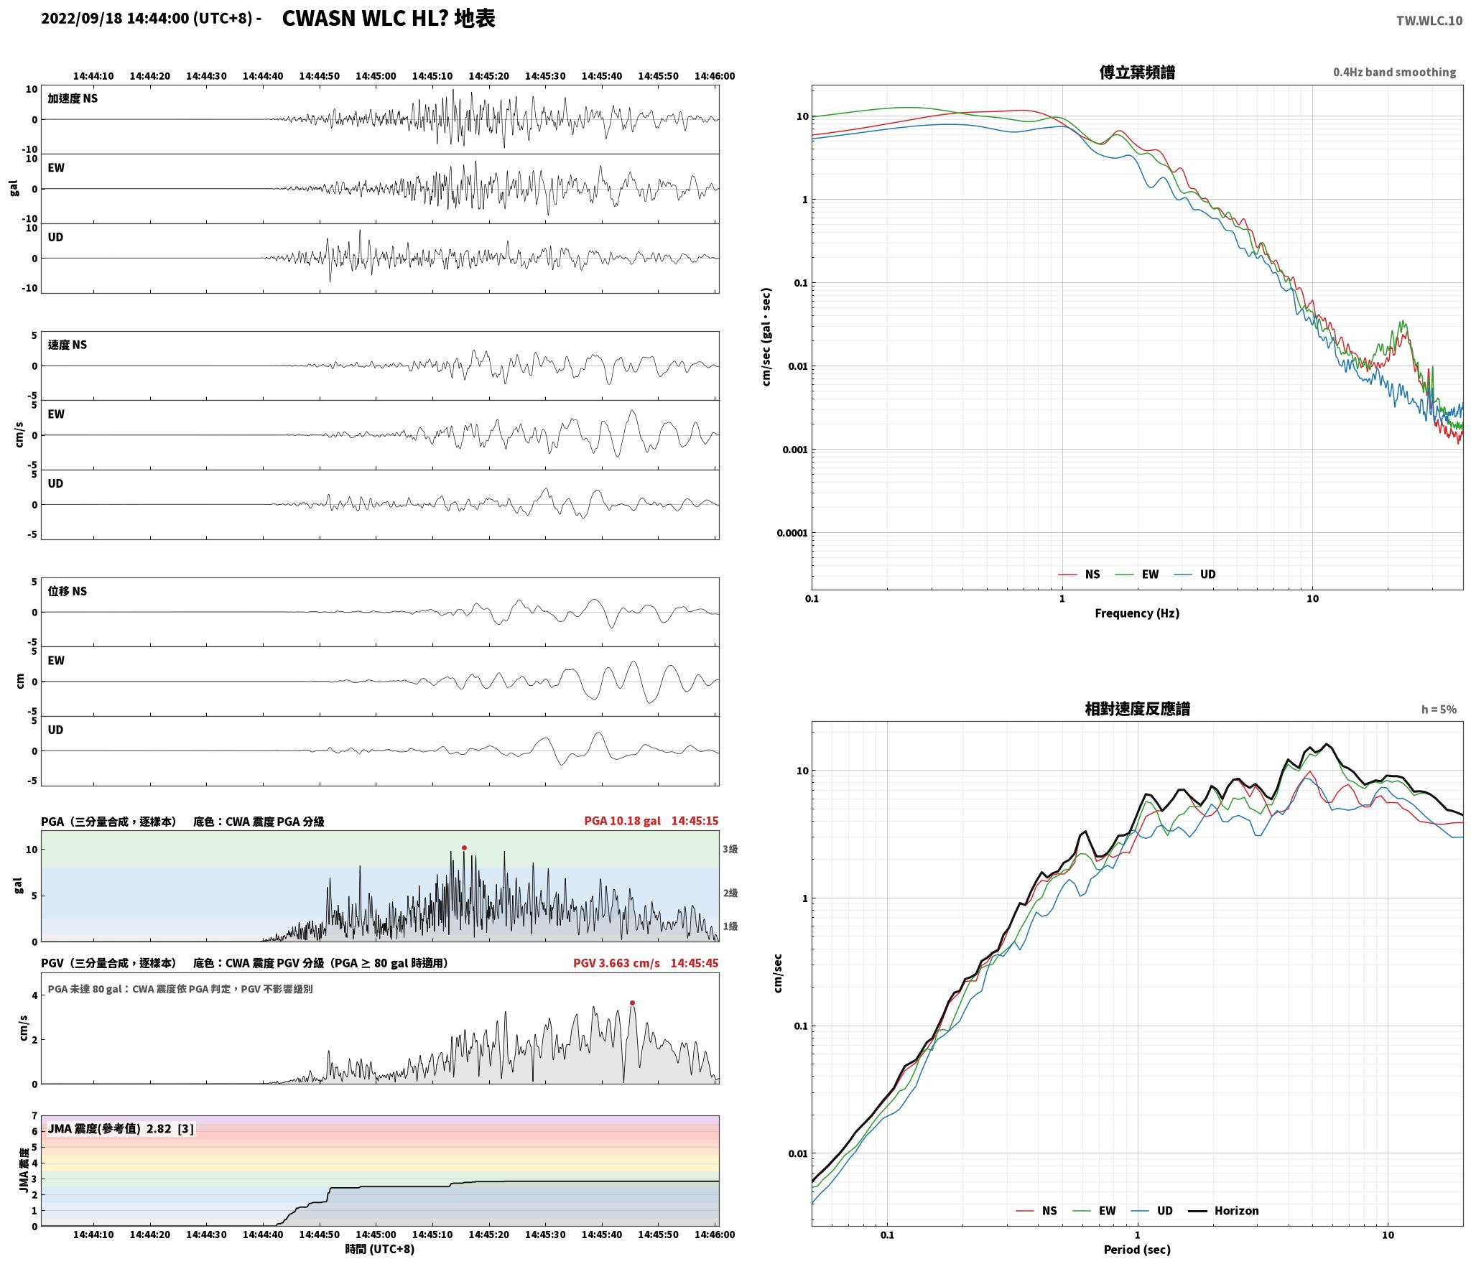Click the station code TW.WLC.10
pyautogui.click(x=1429, y=21)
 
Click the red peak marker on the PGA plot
pyautogui.click(x=464, y=848)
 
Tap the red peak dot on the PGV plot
pyautogui.click(x=632, y=1003)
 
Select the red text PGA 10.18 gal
pyautogui.click(x=622, y=821)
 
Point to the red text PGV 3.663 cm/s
pyautogui.click(x=616, y=963)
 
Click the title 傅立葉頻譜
pyautogui.click(x=1137, y=73)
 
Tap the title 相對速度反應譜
pyautogui.click(x=1137, y=709)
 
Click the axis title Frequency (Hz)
pyautogui.click(x=1137, y=613)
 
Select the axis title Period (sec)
pyautogui.click(x=1137, y=1250)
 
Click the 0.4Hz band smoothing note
pyautogui.click(x=1394, y=73)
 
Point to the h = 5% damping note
pyautogui.click(x=1439, y=710)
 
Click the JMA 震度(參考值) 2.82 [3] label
pyautogui.click(x=121, y=1129)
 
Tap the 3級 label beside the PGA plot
pyautogui.click(x=730, y=849)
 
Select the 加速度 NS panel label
pyautogui.click(x=73, y=98)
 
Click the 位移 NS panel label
pyautogui.click(x=67, y=591)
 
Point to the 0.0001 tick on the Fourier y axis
pyautogui.click(x=792, y=533)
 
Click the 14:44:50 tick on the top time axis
pyautogui.click(x=319, y=76)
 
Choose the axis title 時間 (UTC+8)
pyautogui.click(x=379, y=1249)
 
